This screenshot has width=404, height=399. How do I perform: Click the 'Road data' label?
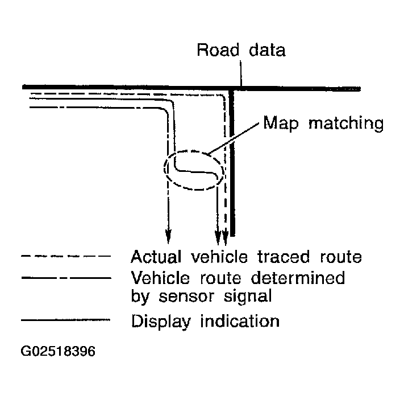(x=240, y=50)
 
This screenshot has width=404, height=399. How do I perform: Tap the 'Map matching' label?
(x=322, y=124)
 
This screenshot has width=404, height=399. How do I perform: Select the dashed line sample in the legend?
(x=64, y=257)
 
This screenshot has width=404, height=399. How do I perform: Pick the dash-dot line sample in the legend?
(x=64, y=278)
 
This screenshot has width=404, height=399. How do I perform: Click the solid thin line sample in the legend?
(x=64, y=321)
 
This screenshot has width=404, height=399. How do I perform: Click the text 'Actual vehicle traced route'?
(x=246, y=257)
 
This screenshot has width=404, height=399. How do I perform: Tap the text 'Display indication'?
(x=205, y=321)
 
